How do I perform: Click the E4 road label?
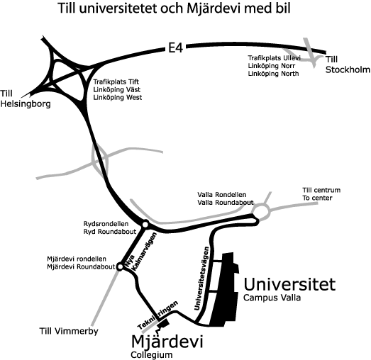click(x=175, y=48)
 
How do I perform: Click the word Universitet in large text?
click(x=289, y=284)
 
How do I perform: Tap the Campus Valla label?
click(x=272, y=298)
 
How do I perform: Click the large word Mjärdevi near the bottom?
click(x=167, y=342)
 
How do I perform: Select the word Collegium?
click(x=152, y=355)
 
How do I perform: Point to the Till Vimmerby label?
click(x=69, y=331)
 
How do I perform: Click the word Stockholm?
click(x=348, y=69)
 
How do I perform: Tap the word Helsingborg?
click(x=26, y=104)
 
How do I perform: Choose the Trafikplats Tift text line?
click(x=116, y=81)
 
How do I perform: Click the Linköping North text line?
click(x=273, y=74)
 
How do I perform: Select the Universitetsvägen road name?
click(x=201, y=279)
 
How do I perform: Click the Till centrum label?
click(x=321, y=190)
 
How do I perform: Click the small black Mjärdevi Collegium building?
click(x=163, y=323)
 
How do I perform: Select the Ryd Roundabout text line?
click(x=110, y=232)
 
